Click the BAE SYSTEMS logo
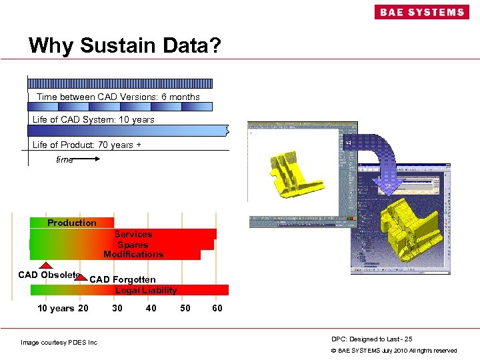coord(421,12)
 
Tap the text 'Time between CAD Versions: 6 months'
coord(118,97)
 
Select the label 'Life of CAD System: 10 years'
coord(93,119)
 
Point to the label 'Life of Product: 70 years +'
coord(87,145)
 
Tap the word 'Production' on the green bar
coord(71,223)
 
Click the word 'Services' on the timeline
coord(133,234)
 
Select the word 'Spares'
coord(133,244)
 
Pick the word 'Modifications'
coord(133,254)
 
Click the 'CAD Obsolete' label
coord(49,275)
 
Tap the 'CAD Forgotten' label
coord(123,279)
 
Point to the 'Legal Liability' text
coord(146,290)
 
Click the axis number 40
coord(151,308)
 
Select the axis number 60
coord(217,308)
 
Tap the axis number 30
coord(117,308)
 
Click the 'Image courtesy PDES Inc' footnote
coord(59,343)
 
